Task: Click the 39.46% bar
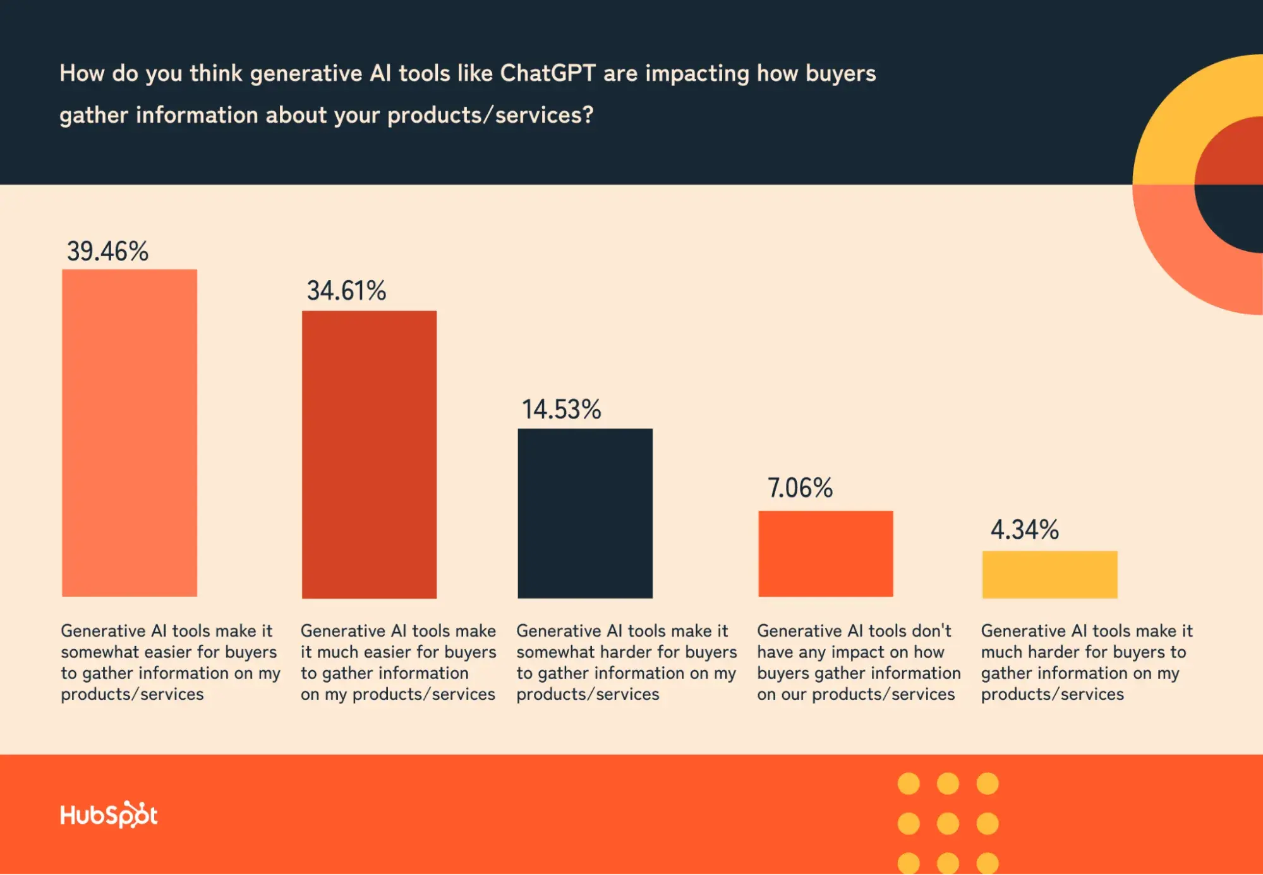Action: [130, 433]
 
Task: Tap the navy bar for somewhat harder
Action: [585, 513]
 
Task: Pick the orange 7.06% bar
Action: [825, 553]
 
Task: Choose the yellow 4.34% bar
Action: [1049, 574]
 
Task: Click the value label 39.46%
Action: [107, 251]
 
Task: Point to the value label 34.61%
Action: [346, 291]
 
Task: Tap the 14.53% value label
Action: [561, 409]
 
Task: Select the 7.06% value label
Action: [800, 487]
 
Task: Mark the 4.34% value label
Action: [1024, 529]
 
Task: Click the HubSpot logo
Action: [109, 814]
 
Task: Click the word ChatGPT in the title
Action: [547, 73]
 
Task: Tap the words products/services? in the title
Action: [490, 115]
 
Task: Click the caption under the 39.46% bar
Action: [169, 662]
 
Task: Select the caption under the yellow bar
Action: [1085, 662]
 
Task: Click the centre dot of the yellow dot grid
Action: [948, 823]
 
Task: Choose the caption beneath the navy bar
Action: [625, 662]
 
